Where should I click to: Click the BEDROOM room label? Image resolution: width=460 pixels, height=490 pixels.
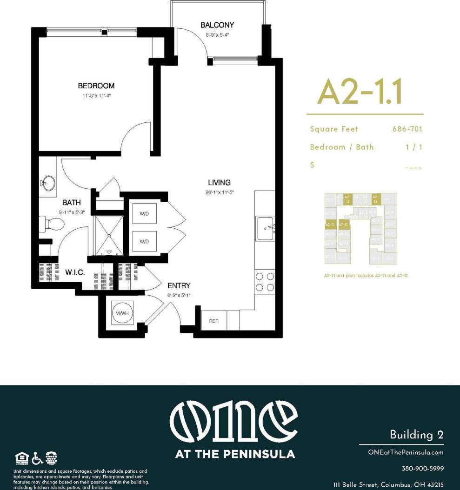point(96,86)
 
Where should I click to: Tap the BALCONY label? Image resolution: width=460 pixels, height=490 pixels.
point(217,25)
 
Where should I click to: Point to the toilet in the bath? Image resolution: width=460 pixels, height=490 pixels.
point(51,225)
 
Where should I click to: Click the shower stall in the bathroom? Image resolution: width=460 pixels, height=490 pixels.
point(109,235)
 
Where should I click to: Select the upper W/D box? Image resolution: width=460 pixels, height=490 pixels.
point(144,214)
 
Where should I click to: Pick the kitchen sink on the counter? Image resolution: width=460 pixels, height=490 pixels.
point(266,228)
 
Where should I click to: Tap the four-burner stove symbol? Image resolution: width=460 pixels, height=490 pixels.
point(265,282)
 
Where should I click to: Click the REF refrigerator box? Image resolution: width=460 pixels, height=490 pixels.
point(213,321)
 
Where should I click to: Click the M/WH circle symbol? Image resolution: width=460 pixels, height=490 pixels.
point(121,314)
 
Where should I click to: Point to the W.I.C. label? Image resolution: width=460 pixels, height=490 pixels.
point(75,273)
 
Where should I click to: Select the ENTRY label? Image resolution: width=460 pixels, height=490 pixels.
point(179,285)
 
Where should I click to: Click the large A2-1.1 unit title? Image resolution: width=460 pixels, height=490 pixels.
point(359,92)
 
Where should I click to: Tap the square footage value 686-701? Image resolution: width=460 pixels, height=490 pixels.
point(407,129)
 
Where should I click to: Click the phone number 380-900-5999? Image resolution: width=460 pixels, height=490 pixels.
point(422,468)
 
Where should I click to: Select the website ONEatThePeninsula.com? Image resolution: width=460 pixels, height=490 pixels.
point(406,452)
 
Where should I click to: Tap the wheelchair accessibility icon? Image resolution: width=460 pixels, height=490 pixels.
point(37,458)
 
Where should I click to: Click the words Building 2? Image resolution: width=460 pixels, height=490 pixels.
point(416,435)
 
